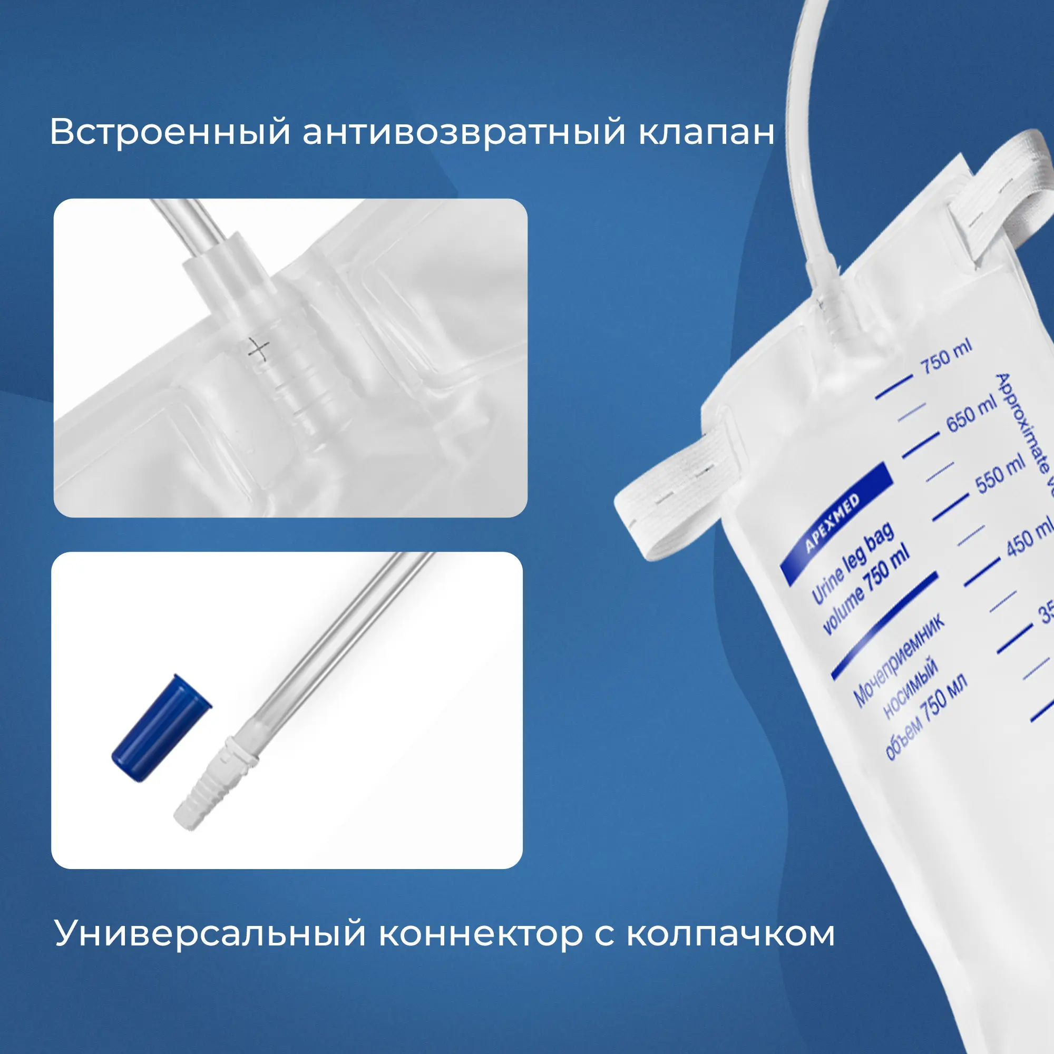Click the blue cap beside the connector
click(x=161, y=728)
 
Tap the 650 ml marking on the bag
click(x=972, y=414)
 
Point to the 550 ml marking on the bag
click(x=1001, y=475)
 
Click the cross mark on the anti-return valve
click(x=258, y=349)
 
